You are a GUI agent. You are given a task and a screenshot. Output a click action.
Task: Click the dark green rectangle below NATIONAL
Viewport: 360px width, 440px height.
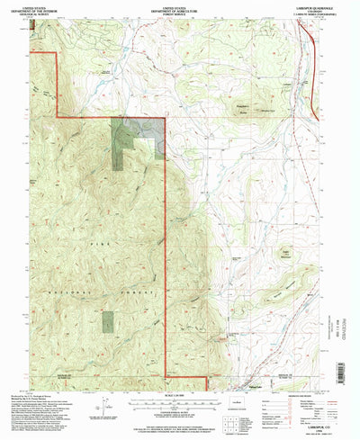pyautogui.click(x=109, y=321)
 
